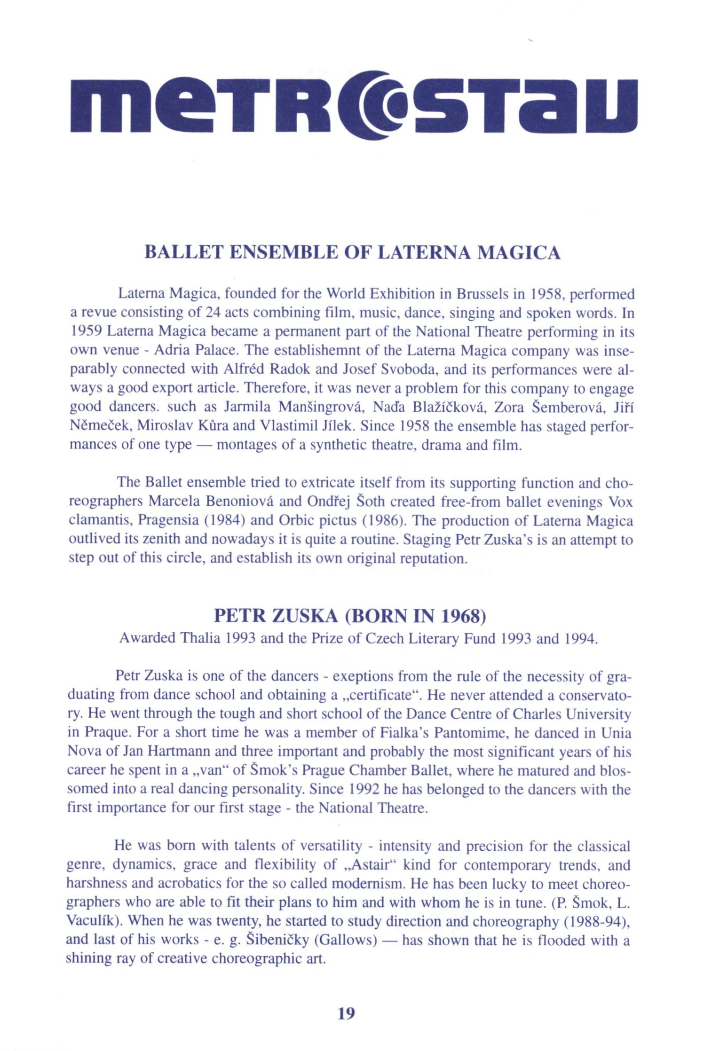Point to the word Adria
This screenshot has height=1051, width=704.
pos(171,351)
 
